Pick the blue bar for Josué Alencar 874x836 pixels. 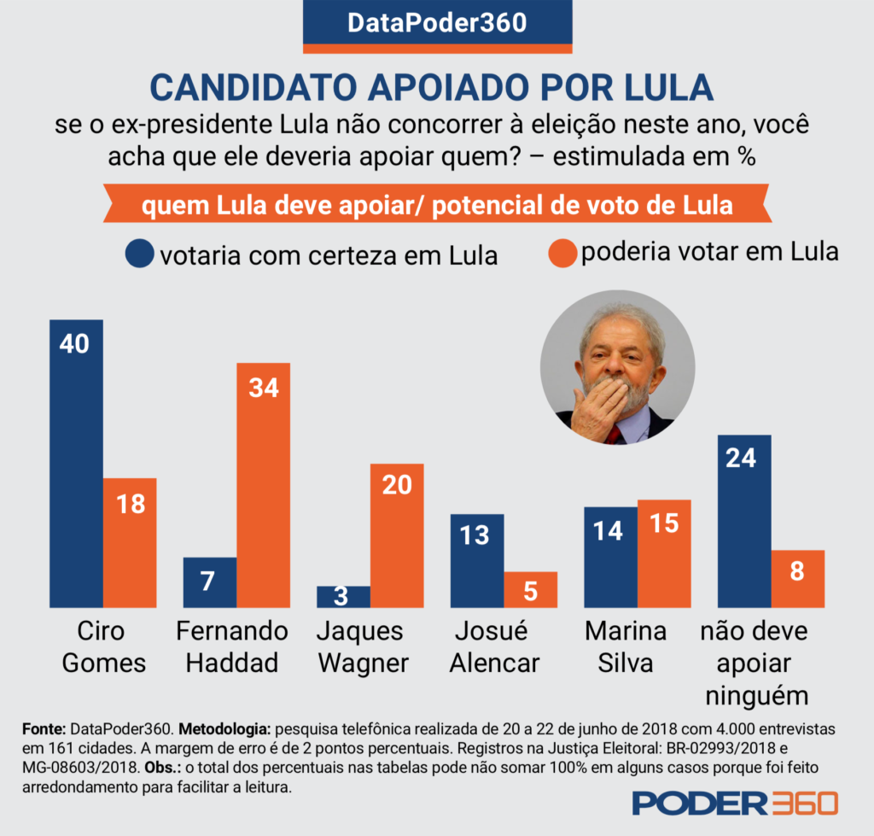pyautogui.click(x=477, y=560)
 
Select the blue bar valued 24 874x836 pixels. pyautogui.click(x=744, y=521)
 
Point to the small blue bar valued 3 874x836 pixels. pyautogui.click(x=343, y=596)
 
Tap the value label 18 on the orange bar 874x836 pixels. pyautogui.click(x=130, y=504)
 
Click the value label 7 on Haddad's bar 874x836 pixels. pyautogui.click(x=210, y=581)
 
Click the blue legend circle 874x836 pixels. pyautogui.click(x=140, y=254)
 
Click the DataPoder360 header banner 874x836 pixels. pyautogui.click(x=436, y=23)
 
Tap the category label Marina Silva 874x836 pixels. pyautogui.click(x=626, y=646)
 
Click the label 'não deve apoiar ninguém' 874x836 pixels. pyautogui.click(x=754, y=663)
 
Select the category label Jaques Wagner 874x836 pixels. pyautogui.click(x=363, y=646)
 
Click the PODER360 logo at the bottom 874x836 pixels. pyautogui.click(x=735, y=803)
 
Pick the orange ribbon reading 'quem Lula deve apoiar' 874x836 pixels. pyautogui.click(x=436, y=206)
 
